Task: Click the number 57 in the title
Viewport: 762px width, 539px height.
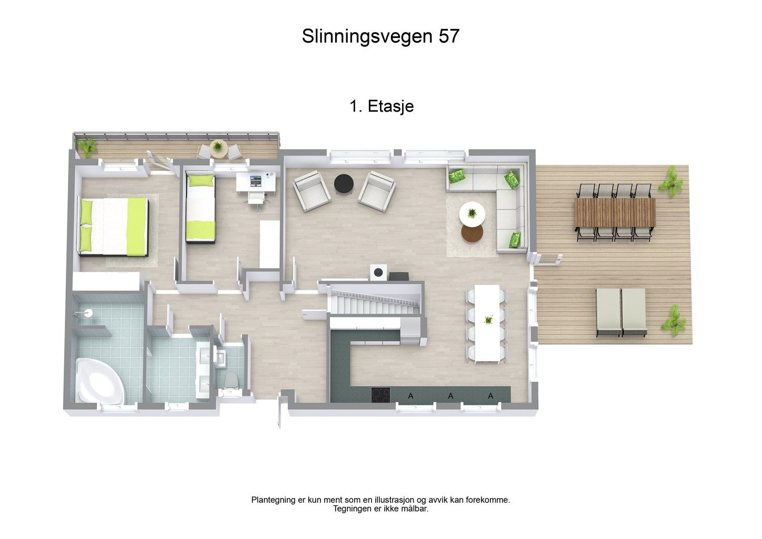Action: pos(448,36)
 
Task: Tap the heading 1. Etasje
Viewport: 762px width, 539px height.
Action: pos(382,106)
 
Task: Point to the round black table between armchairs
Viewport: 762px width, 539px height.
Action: pos(344,184)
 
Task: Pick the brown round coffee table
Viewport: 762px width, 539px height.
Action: pos(472,232)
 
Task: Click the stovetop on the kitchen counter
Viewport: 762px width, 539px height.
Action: pos(381,394)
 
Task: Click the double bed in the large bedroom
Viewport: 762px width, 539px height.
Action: pos(113,226)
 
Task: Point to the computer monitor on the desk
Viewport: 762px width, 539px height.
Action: pos(255,181)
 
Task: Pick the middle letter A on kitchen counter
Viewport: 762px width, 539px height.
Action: pos(450,396)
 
